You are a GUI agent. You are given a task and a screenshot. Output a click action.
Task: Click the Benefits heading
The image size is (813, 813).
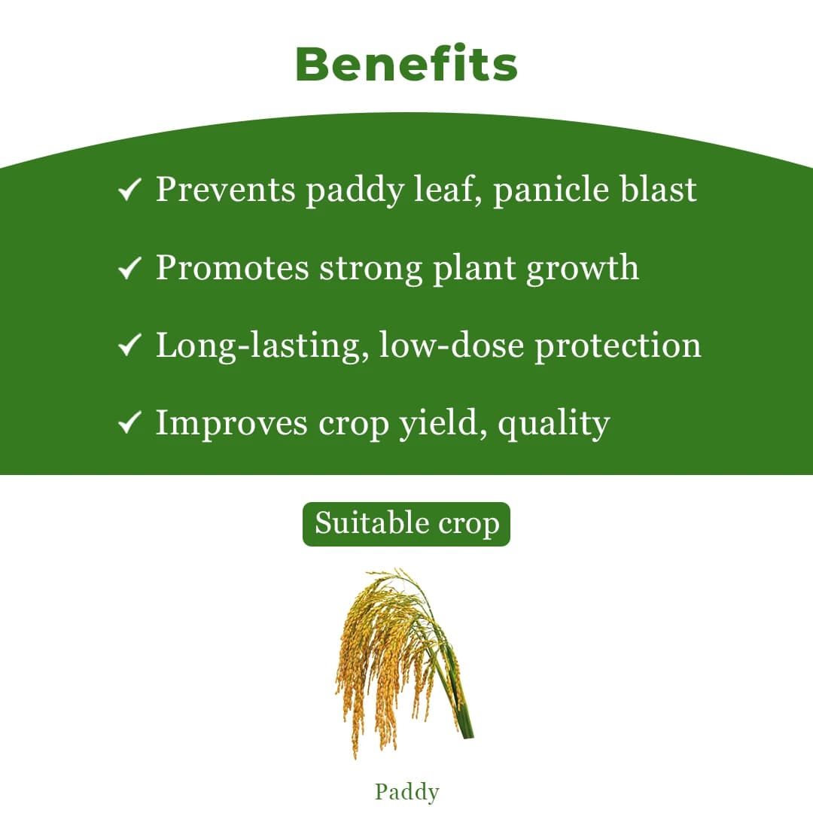406,65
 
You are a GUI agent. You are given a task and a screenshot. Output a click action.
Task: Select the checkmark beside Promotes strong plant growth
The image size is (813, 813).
130,268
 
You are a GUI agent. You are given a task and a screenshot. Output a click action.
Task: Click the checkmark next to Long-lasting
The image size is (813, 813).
130,346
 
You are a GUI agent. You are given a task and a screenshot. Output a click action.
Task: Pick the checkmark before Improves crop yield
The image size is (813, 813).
130,424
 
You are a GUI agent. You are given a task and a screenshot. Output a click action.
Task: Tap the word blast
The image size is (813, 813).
659,190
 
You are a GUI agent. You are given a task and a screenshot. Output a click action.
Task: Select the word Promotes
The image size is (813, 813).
232,268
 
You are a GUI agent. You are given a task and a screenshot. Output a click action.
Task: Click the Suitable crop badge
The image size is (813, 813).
406,524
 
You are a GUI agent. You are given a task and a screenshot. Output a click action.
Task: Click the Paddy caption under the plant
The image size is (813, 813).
406,791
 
